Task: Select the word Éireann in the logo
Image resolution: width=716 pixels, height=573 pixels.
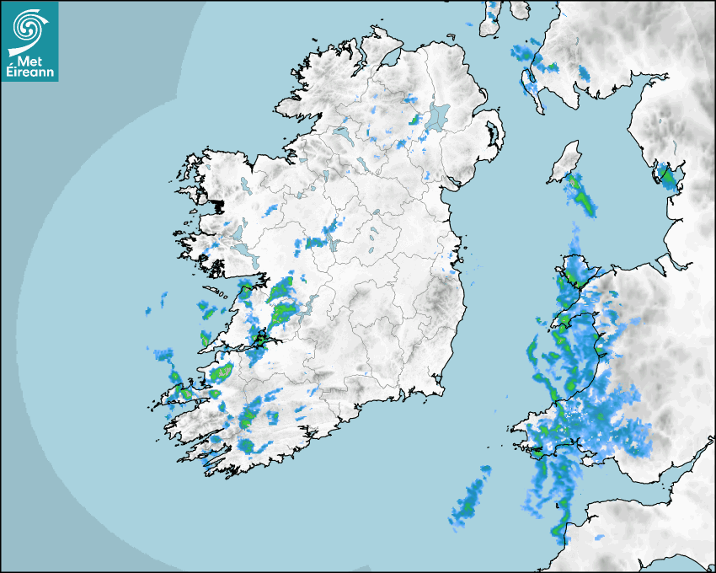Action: pos(29,72)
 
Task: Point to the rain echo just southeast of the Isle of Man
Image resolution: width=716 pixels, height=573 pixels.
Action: pos(581,195)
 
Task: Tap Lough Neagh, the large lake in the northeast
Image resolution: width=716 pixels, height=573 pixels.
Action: pos(438,116)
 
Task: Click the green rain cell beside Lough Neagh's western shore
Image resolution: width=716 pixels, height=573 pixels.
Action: pos(414,120)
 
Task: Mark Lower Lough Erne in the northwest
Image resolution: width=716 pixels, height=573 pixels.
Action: pos(341,133)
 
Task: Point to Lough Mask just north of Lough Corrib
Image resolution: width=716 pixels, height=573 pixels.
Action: pos(238,231)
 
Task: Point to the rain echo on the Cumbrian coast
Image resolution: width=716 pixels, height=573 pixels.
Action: pos(670,178)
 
